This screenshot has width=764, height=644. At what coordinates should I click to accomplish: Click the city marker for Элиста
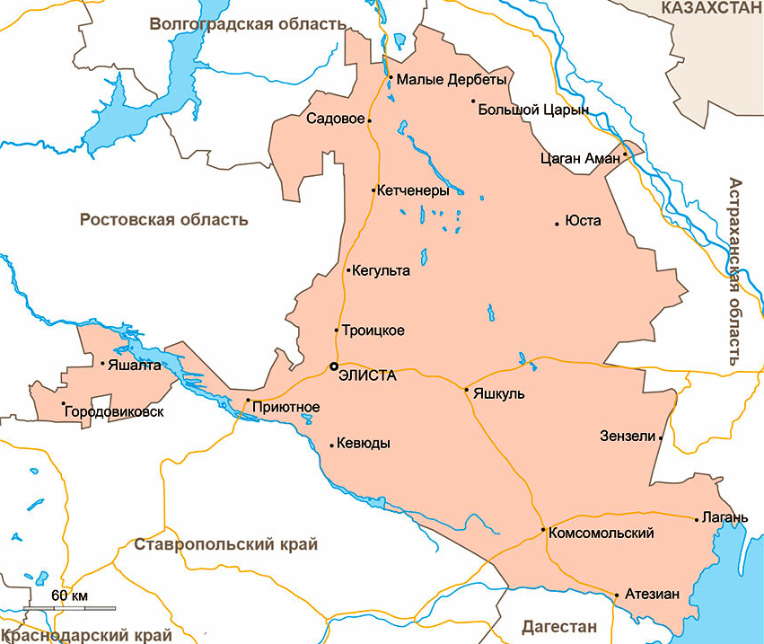pos(333,366)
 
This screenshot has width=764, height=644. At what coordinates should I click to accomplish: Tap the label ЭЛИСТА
pos(367,376)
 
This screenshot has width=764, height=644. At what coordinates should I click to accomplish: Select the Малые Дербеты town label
pos(451,79)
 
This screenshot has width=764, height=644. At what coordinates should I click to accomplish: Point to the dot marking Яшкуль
pos(466,389)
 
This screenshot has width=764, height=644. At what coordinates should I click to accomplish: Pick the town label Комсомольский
pos(600,533)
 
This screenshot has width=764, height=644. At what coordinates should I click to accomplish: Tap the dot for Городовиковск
pos(62,404)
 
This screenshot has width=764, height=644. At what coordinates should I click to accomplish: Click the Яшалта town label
pos(134,366)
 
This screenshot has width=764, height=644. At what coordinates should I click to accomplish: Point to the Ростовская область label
pos(163,219)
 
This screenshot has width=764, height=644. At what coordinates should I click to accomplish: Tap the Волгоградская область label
pos(247,24)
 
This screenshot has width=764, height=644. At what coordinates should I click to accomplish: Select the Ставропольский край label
pos(225,544)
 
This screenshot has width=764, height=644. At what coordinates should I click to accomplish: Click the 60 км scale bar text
pos(69,595)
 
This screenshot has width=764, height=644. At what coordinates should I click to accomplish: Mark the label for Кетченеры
pos(413,190)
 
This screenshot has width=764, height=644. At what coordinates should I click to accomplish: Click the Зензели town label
pos(628,437)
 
